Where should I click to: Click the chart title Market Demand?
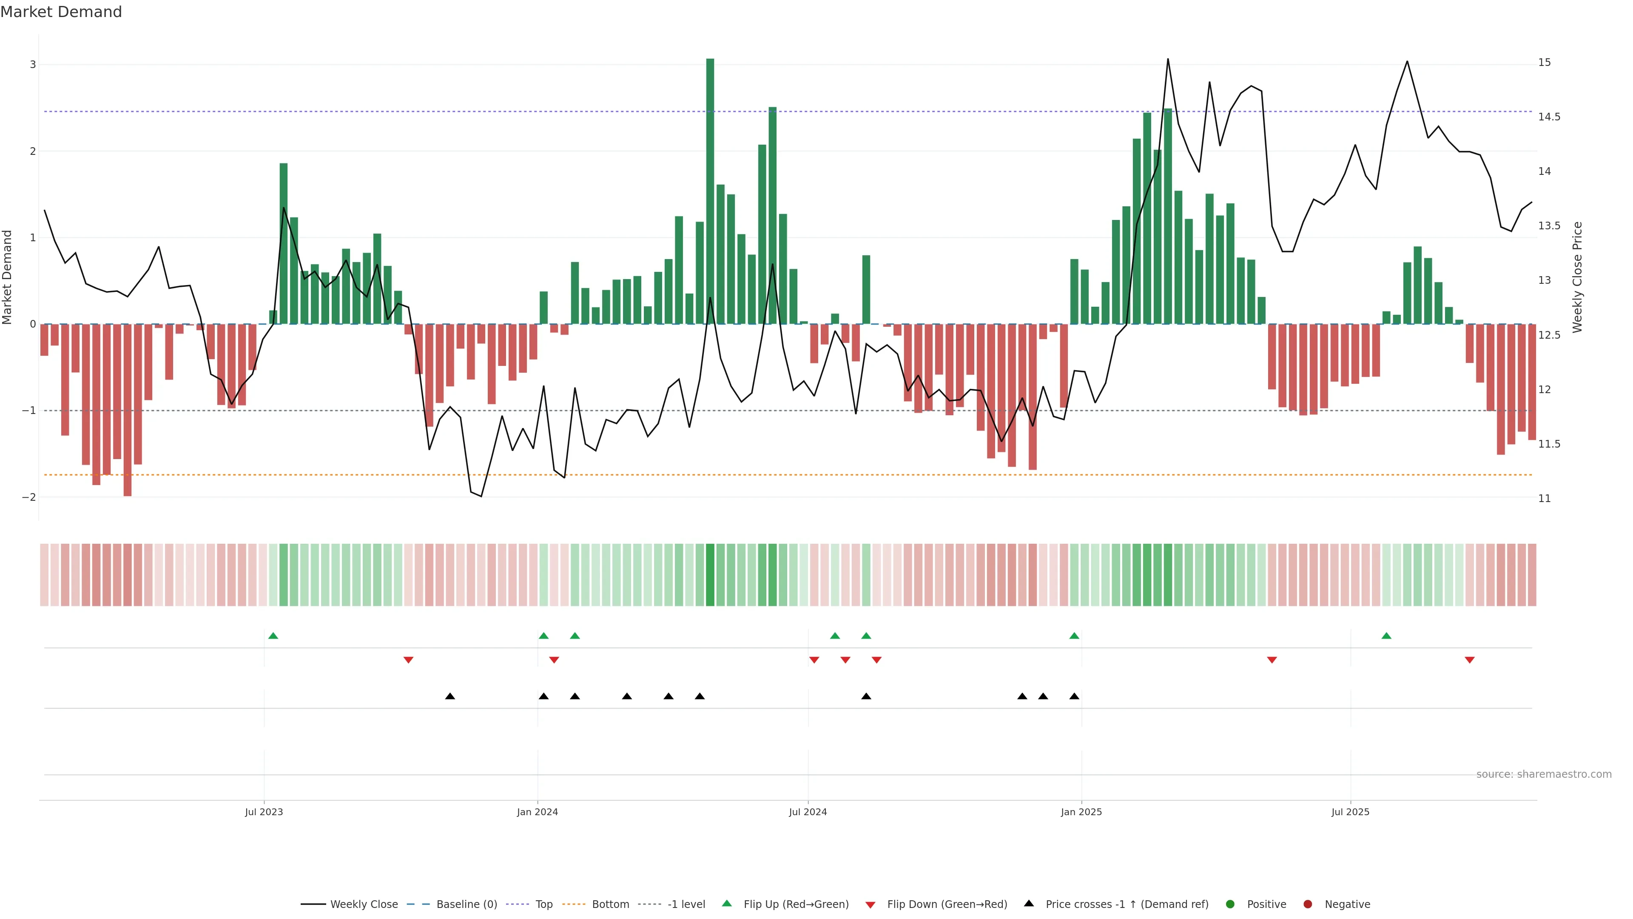pos(61,12)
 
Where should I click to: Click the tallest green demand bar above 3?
pos(710,190)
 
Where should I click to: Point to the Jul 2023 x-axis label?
pos(264,812)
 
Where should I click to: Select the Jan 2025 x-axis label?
pos(1081,812)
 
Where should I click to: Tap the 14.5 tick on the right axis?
pos(1549,117)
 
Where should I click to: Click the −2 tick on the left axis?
pos(29,497)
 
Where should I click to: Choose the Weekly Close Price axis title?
pos(1577,277)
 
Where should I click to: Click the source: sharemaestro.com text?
pos(1544,774)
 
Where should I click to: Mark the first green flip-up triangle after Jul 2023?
pos(273,636)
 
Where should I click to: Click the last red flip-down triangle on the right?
pos(1469,660)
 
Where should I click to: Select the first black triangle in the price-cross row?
pos(450,696)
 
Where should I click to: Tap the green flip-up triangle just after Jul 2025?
pos(1386,636)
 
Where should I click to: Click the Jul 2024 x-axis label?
pos(808,812)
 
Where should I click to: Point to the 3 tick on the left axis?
pos(33,65)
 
